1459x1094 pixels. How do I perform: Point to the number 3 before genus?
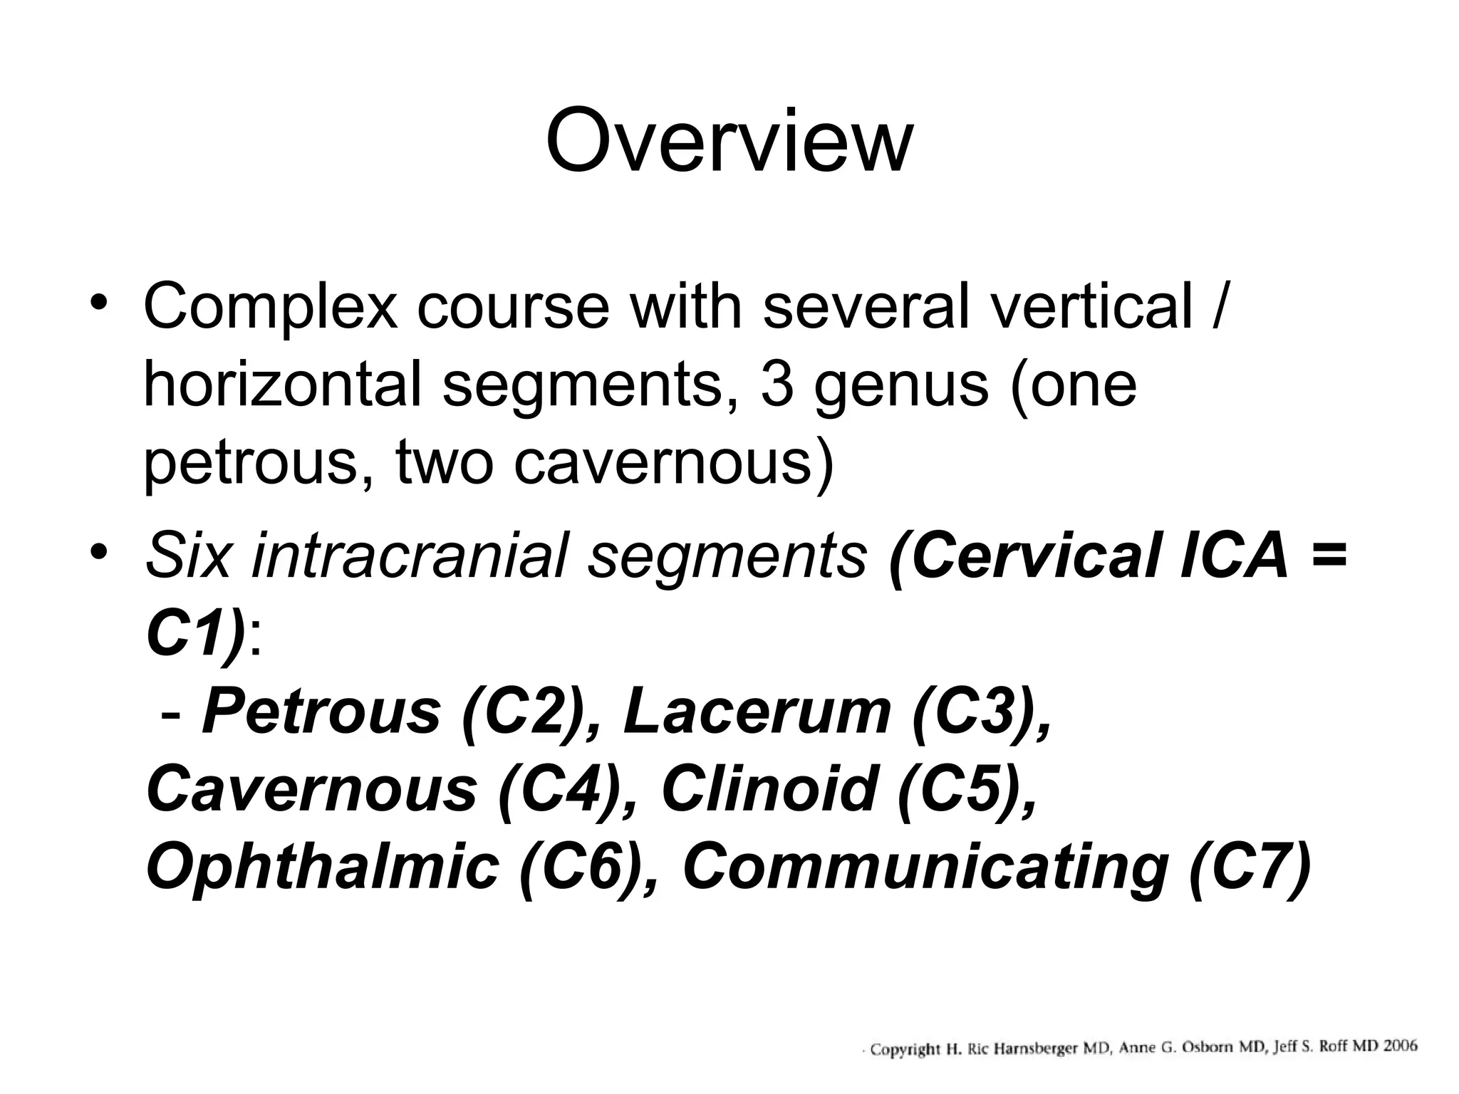click(x=777, y=385)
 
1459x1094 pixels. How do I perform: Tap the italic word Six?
click(x=188, y=555)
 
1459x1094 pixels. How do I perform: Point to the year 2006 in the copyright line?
click(x=1396, y=1046)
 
